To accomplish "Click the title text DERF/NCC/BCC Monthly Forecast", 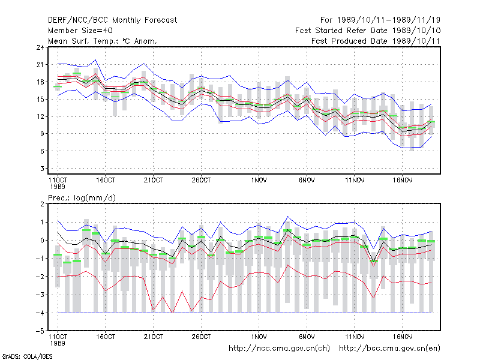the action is tap(112, 20).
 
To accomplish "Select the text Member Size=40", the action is tap(80, 31).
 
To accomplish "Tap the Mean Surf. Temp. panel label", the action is tap(103, 41).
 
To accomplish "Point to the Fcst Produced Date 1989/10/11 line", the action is tap(376, 41).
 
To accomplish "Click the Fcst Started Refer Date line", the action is tap(368, 31).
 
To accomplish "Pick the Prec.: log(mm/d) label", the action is tap(82, 198).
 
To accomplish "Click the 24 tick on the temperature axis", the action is tap(40, 47).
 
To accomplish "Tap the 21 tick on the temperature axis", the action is tap(40, 65).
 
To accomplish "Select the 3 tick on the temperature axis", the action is tap(42, 169).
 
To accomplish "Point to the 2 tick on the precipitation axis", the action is tap(42, 204).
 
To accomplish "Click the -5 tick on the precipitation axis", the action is tap(40, 331).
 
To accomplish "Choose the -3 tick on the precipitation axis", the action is tap(40, 295).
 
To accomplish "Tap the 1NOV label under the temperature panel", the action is tap(259, 181).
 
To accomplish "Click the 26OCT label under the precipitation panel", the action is tap(201, 337).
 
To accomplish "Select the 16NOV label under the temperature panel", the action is tap(403, 181).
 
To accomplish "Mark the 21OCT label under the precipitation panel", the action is tap(154, 337).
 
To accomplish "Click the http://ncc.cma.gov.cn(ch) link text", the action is tap(279, 349).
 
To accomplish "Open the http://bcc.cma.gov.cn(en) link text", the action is tap(389, 349).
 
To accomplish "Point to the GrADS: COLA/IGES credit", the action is tap(28, 356).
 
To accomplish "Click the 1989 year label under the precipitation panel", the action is tap(58, 343).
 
